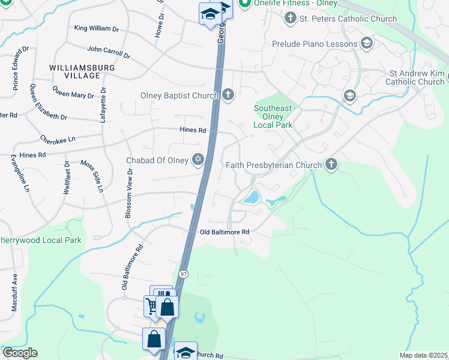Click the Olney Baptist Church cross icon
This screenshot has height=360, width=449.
[x=228, y=95]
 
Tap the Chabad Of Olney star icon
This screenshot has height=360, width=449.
[x=197, y=160]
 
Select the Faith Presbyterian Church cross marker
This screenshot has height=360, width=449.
[x=330, y=164]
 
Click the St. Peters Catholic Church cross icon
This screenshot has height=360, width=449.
[x=290, y=19]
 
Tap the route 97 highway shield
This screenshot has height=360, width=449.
[x=184, y=274]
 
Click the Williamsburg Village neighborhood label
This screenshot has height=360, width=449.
[x=83, y=71]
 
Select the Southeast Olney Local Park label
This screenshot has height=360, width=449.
[x=273, y=116]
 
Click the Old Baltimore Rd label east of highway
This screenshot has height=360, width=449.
[x=224, y=232]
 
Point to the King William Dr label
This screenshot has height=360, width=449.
[x=97, y=28]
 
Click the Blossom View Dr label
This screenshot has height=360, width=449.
[x=128, y=187]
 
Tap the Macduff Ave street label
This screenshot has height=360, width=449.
[x=14, y=292]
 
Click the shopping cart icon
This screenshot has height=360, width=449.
[x=151, y=306]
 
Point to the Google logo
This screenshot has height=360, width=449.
[x=20, y=353]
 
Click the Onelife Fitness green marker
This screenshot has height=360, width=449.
[x=244, y=4]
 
